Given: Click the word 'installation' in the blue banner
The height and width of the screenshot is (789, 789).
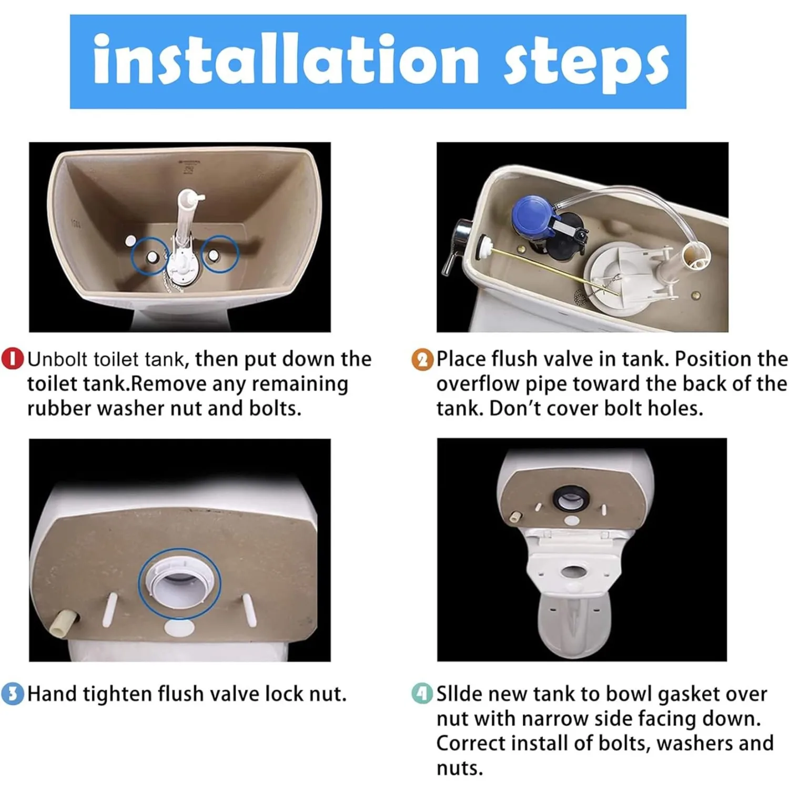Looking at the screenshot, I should point(285,59).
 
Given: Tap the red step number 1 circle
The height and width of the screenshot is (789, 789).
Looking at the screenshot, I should point(13,359).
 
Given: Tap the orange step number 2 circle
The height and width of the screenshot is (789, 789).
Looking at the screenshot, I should point(422,360).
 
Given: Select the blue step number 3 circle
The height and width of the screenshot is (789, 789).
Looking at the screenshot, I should point(13,694).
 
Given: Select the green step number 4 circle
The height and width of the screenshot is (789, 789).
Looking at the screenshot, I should point(422,694).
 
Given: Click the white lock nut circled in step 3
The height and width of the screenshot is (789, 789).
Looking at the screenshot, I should point(179,583).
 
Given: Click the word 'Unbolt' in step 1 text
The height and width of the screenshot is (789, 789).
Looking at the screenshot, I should point(58,359).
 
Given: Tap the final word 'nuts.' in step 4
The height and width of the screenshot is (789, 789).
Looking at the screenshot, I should point(459,768).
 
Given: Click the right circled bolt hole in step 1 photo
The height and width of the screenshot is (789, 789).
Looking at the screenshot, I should point(214,255).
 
